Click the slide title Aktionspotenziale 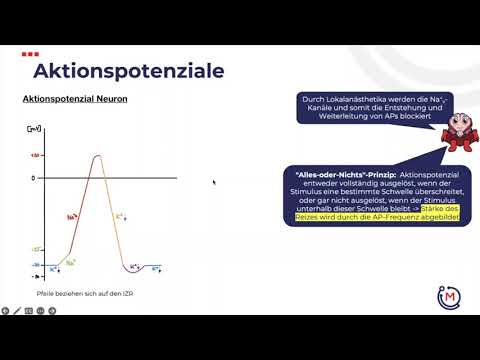pyautogui.click(x=128, y=71)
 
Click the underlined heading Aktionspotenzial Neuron pyautogui.click(x=74, y=100)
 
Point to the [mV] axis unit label pyautogui.click(x=34, y=130)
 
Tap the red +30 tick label pyautogui.click(x=34, y=156)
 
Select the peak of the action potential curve pyautogui.click(x=97, y=156)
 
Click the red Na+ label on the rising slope pyautogui.click(x=72, y=216)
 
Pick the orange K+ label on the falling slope pyautogui.click(x=119, y=214)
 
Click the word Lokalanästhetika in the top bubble pyautogui.click(x=346, y=99)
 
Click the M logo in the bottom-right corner pyautogui.click(x=449, y=296)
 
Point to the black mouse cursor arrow pyautogui.click(x=214, y=182)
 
